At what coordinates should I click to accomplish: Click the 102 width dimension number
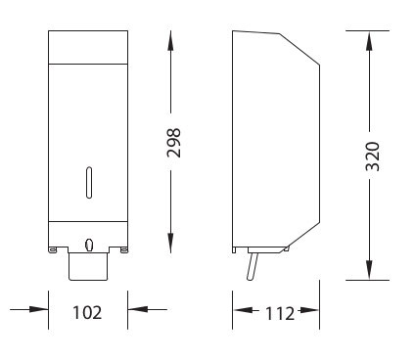point(87,312)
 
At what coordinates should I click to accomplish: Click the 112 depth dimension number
point(280,314)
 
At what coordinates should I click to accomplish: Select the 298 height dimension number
point(173,143)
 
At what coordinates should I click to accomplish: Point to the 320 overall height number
point(373,157)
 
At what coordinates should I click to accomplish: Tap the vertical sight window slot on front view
point(89,183)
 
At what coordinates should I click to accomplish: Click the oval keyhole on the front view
point(89,246)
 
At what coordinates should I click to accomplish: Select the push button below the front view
point(88,266)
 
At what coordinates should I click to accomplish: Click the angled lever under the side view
point(253,267)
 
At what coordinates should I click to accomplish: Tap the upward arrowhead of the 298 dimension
point(170,41)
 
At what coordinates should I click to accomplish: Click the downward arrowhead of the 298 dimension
point(170,243)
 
